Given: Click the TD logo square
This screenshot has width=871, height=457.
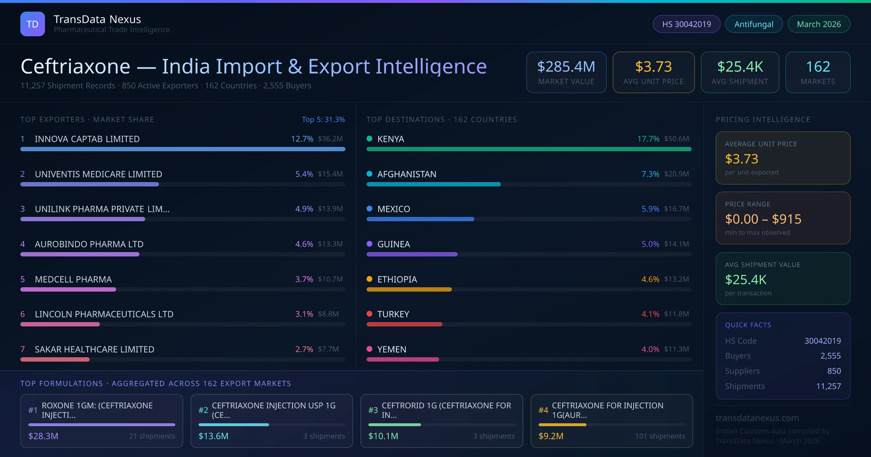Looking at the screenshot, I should (33, 24).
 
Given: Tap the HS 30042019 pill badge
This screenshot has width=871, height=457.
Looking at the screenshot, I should (686, 24).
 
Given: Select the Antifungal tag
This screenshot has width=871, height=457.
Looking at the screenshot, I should (754, 24).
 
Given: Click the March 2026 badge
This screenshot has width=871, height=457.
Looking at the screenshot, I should (819, 24).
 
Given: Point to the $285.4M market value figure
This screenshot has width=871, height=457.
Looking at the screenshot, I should (566, 67).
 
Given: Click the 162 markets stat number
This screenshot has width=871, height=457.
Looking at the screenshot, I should (818, 67).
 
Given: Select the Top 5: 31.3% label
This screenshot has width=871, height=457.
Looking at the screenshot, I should (323, 120).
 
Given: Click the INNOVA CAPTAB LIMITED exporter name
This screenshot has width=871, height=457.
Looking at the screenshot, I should (87, 139).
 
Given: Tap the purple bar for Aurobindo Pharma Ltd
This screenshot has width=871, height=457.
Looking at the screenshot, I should (80, 254).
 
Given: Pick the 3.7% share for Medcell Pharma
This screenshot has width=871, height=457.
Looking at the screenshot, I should (304, 279).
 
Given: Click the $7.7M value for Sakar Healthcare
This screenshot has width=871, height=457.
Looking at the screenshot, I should (328, 349).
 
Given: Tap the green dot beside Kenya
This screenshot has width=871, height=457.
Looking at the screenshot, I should (369, 139).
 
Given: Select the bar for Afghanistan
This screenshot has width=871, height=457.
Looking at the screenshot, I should (433, 184).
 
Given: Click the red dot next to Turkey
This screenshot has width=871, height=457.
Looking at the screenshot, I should (369, 314).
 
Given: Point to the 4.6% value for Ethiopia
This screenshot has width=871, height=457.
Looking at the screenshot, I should (650, 279).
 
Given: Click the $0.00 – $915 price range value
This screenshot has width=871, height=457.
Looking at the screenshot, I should (763, 219).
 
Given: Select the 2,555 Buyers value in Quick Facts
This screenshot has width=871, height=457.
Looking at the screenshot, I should (830, 356).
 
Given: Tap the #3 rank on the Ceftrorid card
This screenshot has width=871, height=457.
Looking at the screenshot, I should (373, 410).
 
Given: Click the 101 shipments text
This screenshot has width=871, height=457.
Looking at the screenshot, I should (660, 436).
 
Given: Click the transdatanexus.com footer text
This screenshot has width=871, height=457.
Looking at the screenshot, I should (757, 418).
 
